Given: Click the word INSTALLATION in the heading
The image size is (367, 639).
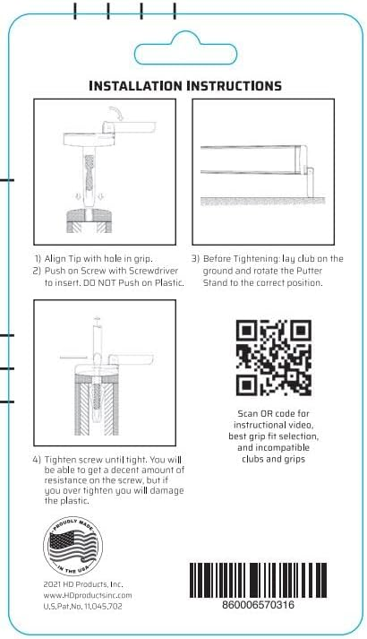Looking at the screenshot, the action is tap(136, 85).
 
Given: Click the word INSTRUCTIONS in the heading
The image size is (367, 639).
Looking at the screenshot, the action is tap(235, 85).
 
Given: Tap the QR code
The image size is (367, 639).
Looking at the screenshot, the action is tap(273, 358).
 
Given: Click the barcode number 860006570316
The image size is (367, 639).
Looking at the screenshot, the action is tap(258, 604).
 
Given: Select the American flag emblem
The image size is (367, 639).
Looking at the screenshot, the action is tap(73, 546).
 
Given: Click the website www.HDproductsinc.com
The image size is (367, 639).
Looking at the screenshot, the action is tap(88, 595).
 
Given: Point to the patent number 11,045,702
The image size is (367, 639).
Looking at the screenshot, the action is tap(103, 607).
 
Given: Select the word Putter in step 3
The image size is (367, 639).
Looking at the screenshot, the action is tap(309, 271).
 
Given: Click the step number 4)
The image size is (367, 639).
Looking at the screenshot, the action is tap(37, 460).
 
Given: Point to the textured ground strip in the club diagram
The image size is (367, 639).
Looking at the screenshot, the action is tap(263, 201).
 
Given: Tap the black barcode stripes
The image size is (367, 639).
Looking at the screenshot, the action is tap(258, 581).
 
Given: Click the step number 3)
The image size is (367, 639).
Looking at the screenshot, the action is tap(195, 259).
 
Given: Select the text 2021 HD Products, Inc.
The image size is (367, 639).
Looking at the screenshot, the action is tap(83, 584).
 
